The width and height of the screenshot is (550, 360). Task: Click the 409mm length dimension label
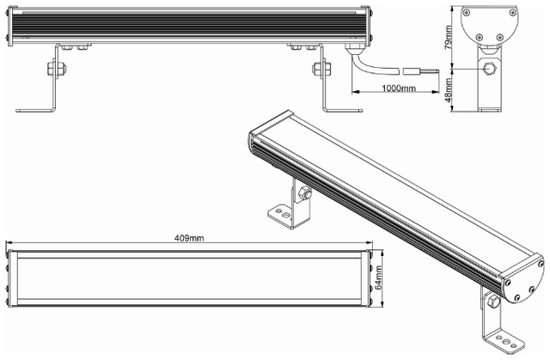click(x=189, y=238)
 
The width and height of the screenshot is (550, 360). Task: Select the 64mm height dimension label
click(x=378, y=278)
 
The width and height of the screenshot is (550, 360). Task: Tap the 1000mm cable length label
click(x=399, y=88)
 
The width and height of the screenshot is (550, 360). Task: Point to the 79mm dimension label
click(x=448, y=37)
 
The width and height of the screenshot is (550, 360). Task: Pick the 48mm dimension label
click(x=448, y=90)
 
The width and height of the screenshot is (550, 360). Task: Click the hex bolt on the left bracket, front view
click(x=57, y=69)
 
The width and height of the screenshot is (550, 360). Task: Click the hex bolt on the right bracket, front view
click(x=321, y=69)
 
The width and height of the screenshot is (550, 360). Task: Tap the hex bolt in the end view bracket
click(x=489, y=68)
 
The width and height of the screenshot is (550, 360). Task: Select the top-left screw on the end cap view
click(x=466, y=13)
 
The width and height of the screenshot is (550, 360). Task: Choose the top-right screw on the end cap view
click(x=511, y=13)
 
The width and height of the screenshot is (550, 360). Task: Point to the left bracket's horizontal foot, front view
click(x=35, y=111)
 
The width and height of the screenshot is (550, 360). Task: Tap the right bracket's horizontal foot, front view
click(x=343, y=111)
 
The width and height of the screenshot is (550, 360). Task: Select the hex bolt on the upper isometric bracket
click(x=304, y=193)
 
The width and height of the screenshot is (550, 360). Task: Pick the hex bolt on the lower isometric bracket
click(x=492, y=301)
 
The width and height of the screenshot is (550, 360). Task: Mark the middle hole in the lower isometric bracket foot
click(x=506, y=341)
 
